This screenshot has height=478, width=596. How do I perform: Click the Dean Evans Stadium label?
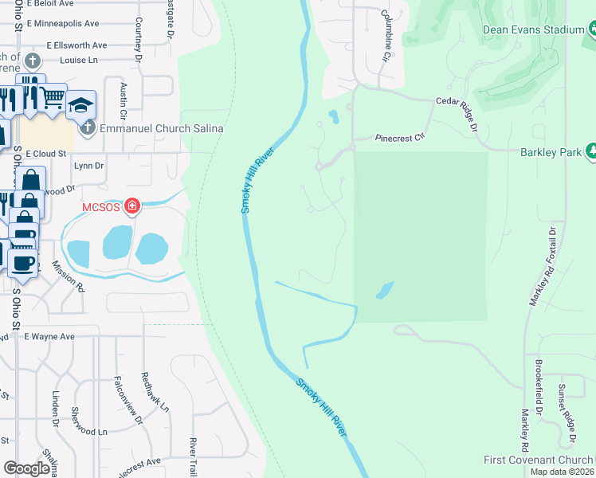coord(534,29)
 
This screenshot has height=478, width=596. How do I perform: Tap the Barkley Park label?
coord(542,151)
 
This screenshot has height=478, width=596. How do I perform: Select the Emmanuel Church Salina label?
coord(161,128)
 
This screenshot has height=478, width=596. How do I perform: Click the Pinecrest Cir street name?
coord(400,138)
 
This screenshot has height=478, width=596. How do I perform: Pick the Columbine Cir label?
coord(386,36)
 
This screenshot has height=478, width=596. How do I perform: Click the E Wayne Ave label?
coord(49,337)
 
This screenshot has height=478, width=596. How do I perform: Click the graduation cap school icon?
coord(80,106)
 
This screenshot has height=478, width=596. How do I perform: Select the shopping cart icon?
coord(53,98)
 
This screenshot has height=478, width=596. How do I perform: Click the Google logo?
coord(26,468)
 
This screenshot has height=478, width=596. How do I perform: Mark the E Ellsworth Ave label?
coord(76,45)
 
